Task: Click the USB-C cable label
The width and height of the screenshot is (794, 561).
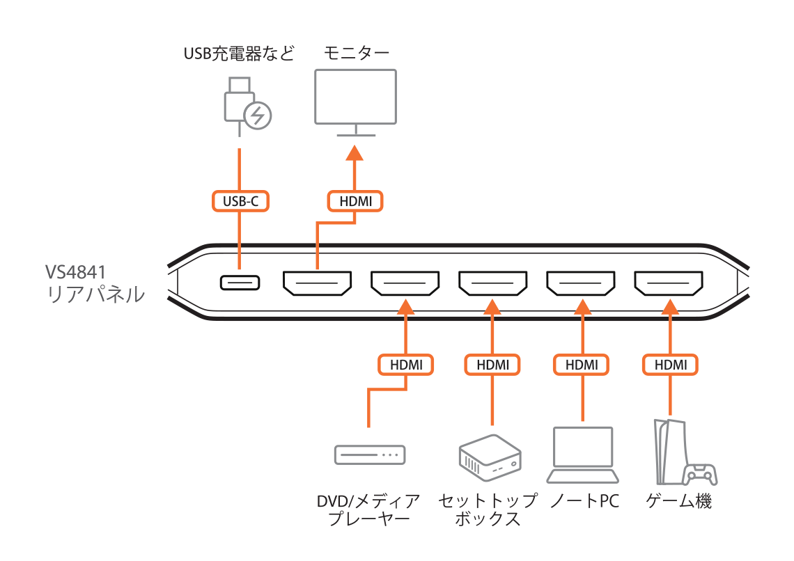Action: pyautogui.click(x=240, y=201)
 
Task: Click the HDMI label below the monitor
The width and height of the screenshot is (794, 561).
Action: pyautogui.click(x=355, y=201)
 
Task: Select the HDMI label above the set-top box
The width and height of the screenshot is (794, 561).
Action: pyautogui.click(x=492, y=364)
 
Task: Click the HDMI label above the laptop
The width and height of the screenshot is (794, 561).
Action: pyautogui.click(x=581, y=364)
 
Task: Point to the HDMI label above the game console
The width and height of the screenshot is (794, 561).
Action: pyautogui.click(x=669, y=364)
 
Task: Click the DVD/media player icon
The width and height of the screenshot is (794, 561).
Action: pyautogui.click(x=369, y=455)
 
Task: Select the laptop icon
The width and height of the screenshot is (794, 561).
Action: pyautogui.click(x=582, y=455)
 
